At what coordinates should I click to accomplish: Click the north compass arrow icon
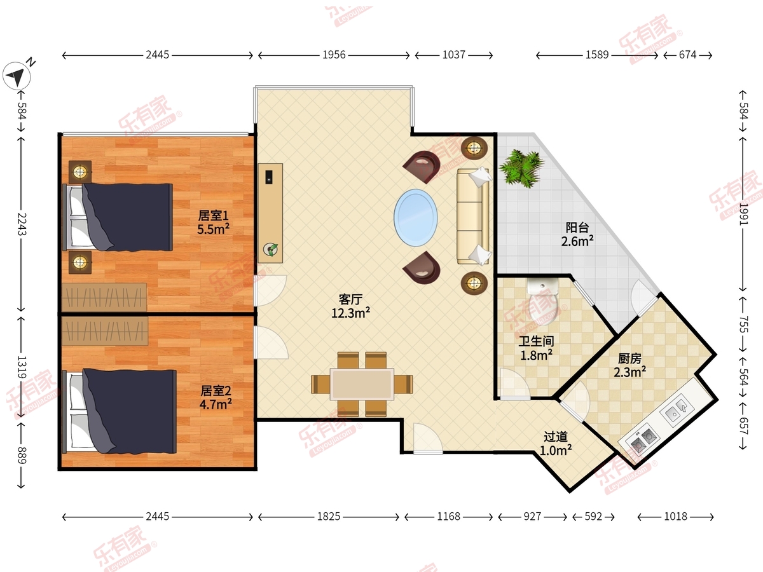coord(17,76)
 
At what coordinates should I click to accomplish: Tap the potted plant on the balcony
coord(521,168)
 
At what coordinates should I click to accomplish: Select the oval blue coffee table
coord(415,218)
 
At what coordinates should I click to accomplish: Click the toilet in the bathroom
coord(542,301)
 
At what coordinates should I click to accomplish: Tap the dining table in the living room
coord(362,384)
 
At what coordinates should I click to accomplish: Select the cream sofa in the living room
coord(474,216)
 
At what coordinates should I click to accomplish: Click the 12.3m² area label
coord(350,313)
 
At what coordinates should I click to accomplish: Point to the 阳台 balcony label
coord(577,228)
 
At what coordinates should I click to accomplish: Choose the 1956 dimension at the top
coord(334,55)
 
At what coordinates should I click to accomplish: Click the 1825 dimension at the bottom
coord(329,517)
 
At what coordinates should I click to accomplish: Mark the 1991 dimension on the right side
coord(743,214)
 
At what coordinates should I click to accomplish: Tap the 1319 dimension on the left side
coord(22,367)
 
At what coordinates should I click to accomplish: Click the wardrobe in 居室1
coord(104,297)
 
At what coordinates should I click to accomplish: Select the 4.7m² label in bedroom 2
coord(216,405)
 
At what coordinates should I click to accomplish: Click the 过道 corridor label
coord(556,436)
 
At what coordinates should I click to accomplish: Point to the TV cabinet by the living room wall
coord(270,213)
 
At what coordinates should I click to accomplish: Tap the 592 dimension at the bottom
coord(593,517)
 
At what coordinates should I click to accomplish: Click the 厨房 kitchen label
coord(629,358)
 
